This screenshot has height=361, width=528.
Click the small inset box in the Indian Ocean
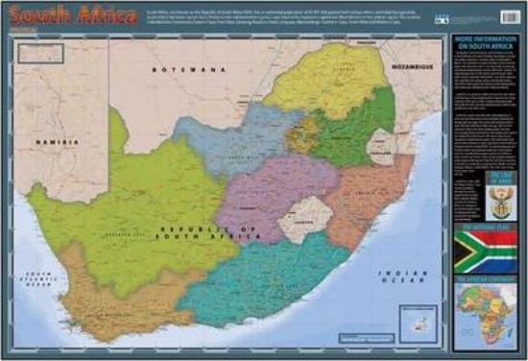coord(419,321)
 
